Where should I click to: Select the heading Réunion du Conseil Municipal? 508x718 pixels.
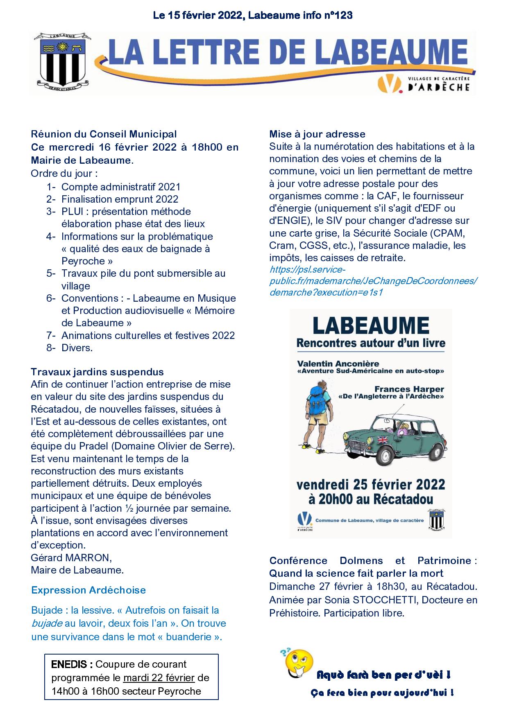click(104, 134)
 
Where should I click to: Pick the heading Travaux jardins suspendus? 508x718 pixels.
click(97, 372)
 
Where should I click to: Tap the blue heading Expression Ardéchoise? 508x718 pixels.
click(88, 590)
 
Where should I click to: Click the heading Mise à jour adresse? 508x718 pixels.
click(317, 134)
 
